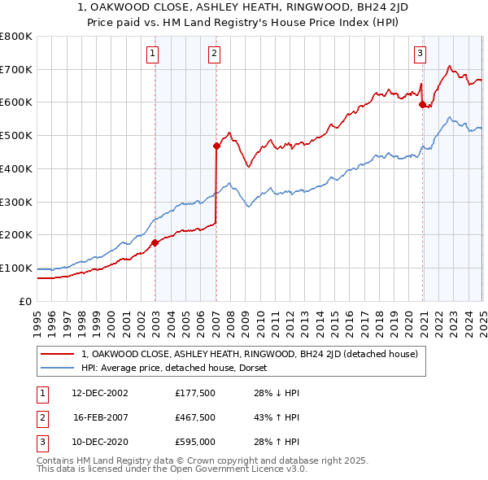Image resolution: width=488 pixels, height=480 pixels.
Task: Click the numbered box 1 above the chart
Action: (153, 55)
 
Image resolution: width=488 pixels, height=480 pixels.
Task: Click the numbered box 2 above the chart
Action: (213, 55)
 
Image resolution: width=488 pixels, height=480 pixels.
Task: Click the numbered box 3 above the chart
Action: (420, 55)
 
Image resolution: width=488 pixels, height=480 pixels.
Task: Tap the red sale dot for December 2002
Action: (155, 242)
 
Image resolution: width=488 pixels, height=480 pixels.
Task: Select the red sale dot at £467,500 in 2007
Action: (216, 146)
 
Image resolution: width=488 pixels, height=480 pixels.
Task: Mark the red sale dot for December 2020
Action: (422, 103)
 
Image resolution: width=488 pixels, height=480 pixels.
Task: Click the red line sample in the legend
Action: (56, 354)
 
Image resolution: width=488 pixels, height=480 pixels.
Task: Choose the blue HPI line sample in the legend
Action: (56, 367)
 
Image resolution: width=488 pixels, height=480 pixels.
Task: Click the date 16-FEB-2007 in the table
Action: (100, 417)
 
